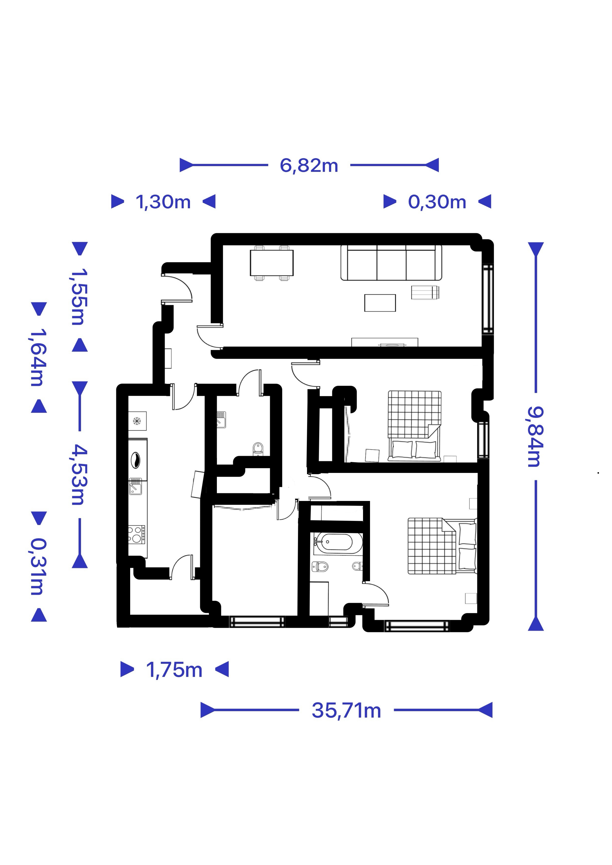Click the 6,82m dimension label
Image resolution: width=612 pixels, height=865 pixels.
click(309, 165)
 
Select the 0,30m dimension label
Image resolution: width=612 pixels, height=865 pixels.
click(437, 202)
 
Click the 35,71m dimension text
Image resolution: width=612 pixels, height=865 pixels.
click(346, 711)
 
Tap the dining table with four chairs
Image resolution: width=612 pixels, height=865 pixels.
click(271, 263)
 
